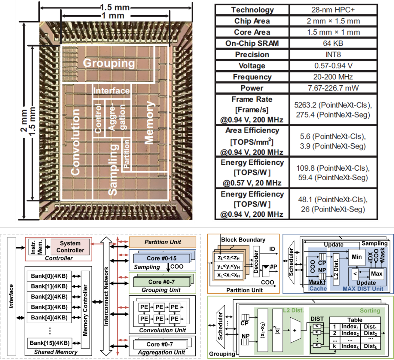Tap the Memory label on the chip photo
(x=149, y=122)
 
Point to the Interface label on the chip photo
(x=112, y=91)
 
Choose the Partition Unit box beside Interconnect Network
(x=162, y=242)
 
